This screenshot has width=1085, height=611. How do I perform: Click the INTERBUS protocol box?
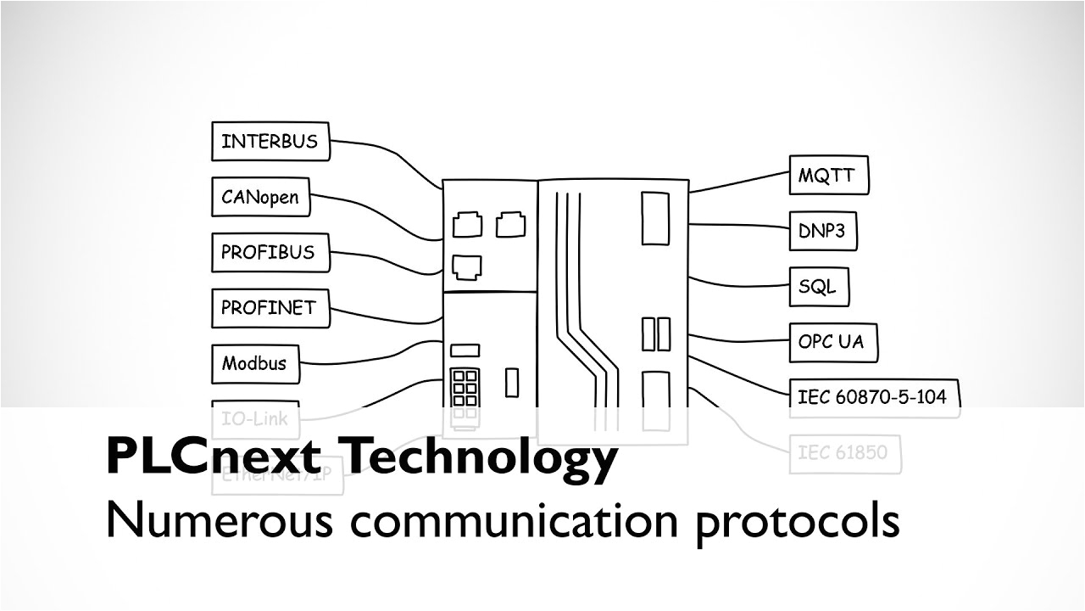click(x=270, y=141)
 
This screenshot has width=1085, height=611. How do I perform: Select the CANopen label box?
click(x=260, y=197)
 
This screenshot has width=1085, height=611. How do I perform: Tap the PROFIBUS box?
click(x=270, y=252)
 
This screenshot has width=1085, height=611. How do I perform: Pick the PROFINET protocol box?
click(x=270, y=307)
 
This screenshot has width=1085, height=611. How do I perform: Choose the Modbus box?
click(x=254, y=363)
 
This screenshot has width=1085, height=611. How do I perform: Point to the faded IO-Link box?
click(x=254, y=418)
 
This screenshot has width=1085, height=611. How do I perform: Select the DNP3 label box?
click(x=822, y=230)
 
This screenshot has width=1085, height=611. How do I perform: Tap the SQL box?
click(x=818, y=287)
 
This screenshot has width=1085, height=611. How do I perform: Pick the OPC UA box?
click(x=832, y=342)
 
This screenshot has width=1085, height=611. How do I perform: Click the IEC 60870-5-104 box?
click(x=873, y=396)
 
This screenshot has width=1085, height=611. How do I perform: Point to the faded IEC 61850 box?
click(x=843, y=452)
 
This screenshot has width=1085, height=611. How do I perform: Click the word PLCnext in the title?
click(x=213, y=457)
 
